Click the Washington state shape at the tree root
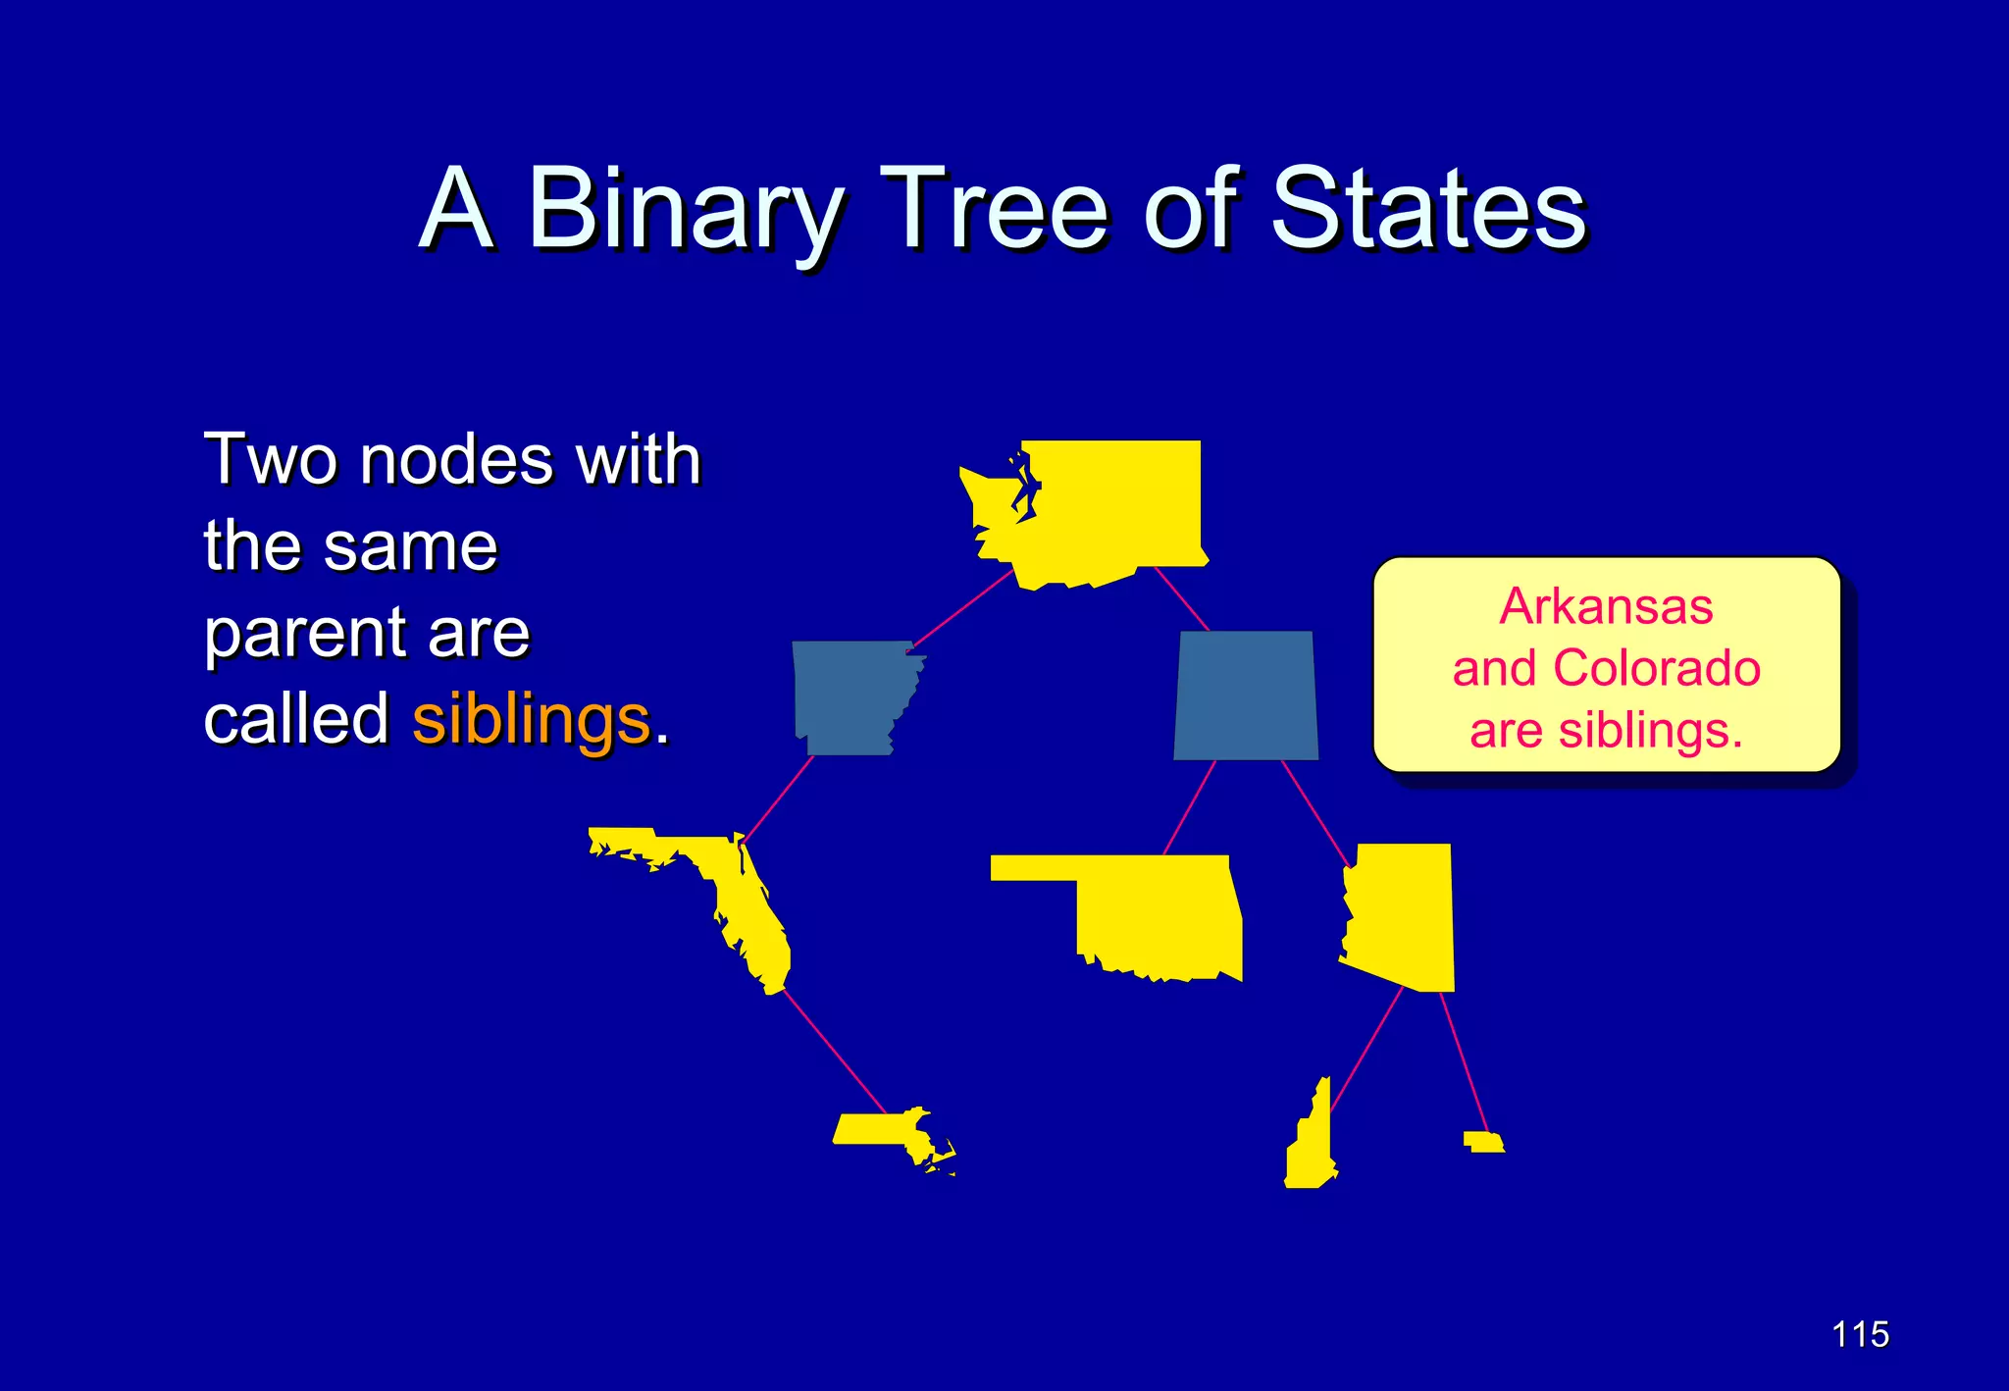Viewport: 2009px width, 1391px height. tap(1108, 510)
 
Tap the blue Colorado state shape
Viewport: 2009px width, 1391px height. tap(1246, 695)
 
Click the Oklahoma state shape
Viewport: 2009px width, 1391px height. tap(1158, 912)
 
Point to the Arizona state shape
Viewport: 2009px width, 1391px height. tap(1403, 912)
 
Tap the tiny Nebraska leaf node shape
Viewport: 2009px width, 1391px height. tap(1483, 1142)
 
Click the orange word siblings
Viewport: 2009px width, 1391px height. tap(531, 719)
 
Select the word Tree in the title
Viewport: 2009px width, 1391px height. tap(993, 209)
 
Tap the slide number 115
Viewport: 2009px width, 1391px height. tap(1860, 1334)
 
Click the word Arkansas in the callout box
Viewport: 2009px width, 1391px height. tap(1606, 606)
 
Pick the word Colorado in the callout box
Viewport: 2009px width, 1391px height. tap(1657, 668)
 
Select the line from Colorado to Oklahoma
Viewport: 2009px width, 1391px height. tap(1189, 807)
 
